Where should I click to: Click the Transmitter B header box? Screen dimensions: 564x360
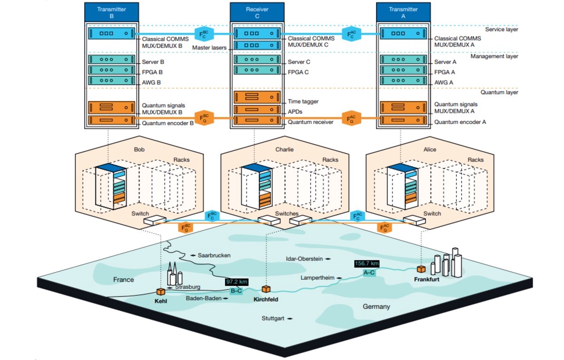click(x=111, y=12)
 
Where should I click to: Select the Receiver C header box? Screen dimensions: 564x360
click(x=257, y=12)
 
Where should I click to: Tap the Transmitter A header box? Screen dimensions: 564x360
click(x=403, y=12)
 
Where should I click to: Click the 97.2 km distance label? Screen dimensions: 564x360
click(x=236, y=282)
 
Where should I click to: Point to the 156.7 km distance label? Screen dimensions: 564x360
click(x=367, y=264)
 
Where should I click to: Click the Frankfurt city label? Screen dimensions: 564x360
click(x=427, y=279)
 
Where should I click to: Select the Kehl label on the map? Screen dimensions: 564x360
click(x=161, y=301)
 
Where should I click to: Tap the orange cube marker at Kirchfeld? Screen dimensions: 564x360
click(x=266, y=289)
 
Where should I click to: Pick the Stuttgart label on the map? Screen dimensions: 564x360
click(x=273, y=318)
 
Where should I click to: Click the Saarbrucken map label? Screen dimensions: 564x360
click(x=214, y=255)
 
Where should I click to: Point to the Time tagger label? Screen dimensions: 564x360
click(x=303, y=101)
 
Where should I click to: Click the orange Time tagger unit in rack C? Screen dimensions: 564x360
click(x=257, y=97)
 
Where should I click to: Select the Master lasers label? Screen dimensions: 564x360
click(x=209, y=47)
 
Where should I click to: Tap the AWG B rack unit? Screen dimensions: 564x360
click(x=111, y=80)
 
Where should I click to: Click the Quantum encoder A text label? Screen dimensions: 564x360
click(x=460, y=122)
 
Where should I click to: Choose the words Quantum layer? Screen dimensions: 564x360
click(x=499, y=92)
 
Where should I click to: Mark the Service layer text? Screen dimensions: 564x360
click(x=501, y=29)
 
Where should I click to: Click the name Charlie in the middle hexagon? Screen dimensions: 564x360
click(x=284, y=149)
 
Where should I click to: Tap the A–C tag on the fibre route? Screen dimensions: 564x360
click(x=369, y=273)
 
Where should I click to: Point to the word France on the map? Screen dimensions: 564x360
click(x=123, y=280)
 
